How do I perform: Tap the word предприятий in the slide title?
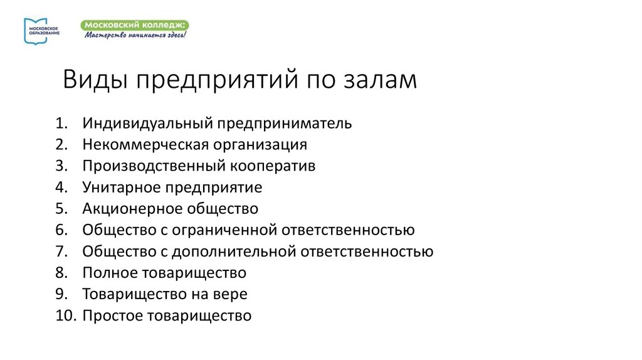[x=216, y=82]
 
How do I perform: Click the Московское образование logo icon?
[x=31, y=30]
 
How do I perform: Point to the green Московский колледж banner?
[x=134, y=24]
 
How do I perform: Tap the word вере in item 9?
[x=232, y=294]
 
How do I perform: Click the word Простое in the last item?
[x=112, y=315]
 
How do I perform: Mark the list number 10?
[x=65, y=315]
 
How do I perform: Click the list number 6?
[x=60, y=230]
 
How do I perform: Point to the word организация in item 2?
[x=260, y=145]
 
